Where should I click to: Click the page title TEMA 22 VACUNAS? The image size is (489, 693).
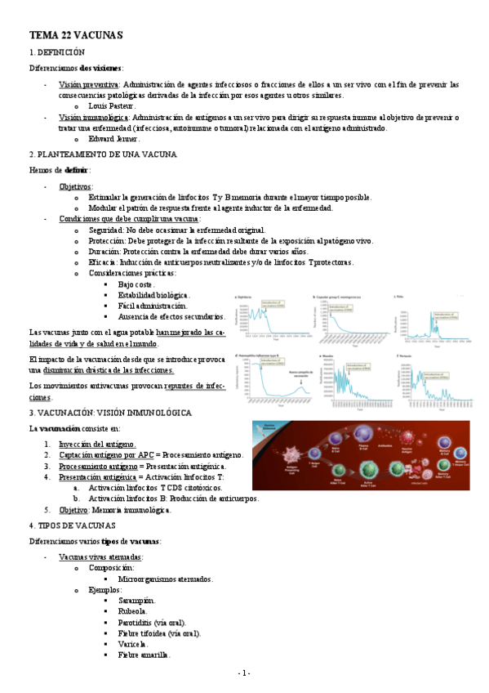76,36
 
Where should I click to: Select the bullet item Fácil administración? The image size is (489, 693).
153,305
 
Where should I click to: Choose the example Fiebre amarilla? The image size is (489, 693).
144,654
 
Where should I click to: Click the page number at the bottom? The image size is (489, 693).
244,673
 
